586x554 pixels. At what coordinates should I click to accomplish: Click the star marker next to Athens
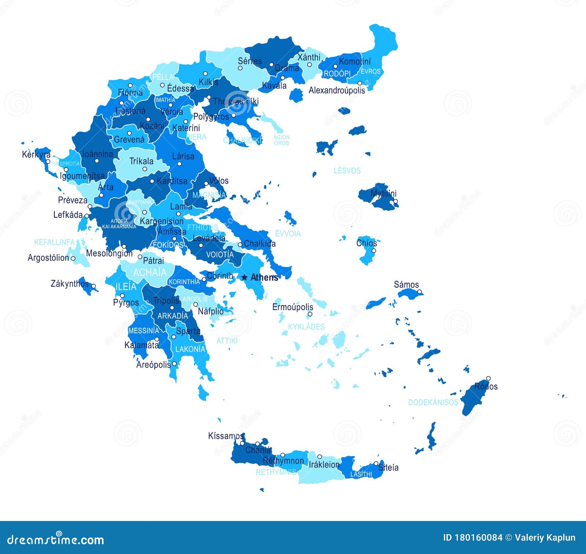[244, 278]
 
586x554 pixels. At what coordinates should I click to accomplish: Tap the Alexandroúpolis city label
[337, 90]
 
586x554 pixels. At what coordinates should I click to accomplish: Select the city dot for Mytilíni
[395, 201]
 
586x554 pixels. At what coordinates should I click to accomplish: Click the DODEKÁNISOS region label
[433, 402]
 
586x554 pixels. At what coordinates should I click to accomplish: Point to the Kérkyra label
[36, 154]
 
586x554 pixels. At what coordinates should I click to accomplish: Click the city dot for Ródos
[488, 378]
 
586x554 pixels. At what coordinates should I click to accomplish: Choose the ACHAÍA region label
[150, 272]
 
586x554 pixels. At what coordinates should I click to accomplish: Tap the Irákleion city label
[324, 465]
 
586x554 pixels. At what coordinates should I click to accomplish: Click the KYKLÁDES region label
[306, 327]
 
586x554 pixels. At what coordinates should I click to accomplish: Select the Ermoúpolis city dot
[310, 314]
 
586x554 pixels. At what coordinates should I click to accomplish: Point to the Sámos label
[406, 285]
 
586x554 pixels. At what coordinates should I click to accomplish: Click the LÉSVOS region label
[347, 170]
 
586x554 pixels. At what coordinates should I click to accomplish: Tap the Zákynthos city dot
[93, 286]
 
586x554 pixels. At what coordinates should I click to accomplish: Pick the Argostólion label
[48, 258]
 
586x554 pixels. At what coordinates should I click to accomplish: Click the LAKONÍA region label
[190, 349]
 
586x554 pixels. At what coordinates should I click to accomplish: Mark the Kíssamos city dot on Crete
[242, 443]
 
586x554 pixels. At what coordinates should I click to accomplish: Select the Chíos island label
[367, 243]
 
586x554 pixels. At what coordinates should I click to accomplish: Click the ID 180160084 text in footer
[472, 538]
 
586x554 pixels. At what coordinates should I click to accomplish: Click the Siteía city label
[388, 467]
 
